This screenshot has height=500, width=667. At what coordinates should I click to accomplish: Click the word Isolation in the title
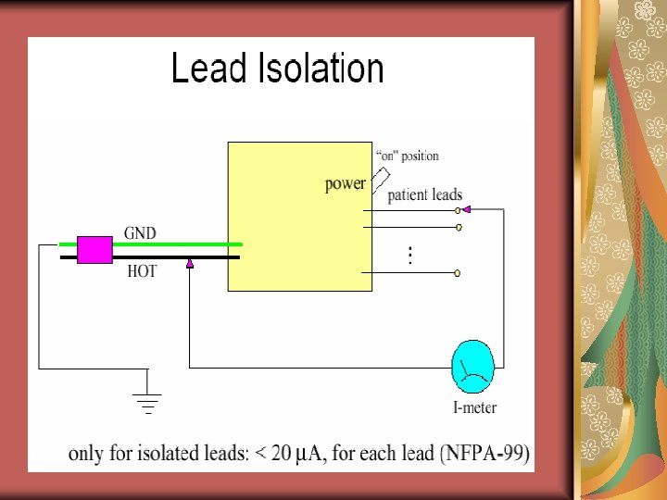tap(315, 69)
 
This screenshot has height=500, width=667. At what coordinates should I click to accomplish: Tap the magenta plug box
tap(94, 250)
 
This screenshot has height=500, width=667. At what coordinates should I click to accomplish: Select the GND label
tap(141, 232)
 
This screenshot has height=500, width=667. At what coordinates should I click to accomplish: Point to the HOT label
tap(142, 272)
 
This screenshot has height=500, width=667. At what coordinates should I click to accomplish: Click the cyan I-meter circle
tap(472, 368)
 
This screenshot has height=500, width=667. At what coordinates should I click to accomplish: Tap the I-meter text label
tap(474, 407)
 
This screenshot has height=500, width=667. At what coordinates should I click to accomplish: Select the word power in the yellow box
tap(346, 183)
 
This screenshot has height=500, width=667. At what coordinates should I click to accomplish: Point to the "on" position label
tap(408, 156)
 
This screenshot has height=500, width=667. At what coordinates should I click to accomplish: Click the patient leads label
tap(424, 195)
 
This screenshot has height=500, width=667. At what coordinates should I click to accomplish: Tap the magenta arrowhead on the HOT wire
tap(189, 264)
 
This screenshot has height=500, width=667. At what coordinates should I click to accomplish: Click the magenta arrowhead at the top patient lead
tap(466, 210)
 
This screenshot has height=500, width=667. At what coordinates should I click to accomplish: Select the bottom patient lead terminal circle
tap(458, 273)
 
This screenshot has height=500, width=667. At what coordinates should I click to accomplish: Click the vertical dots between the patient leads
tap(410, 255)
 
